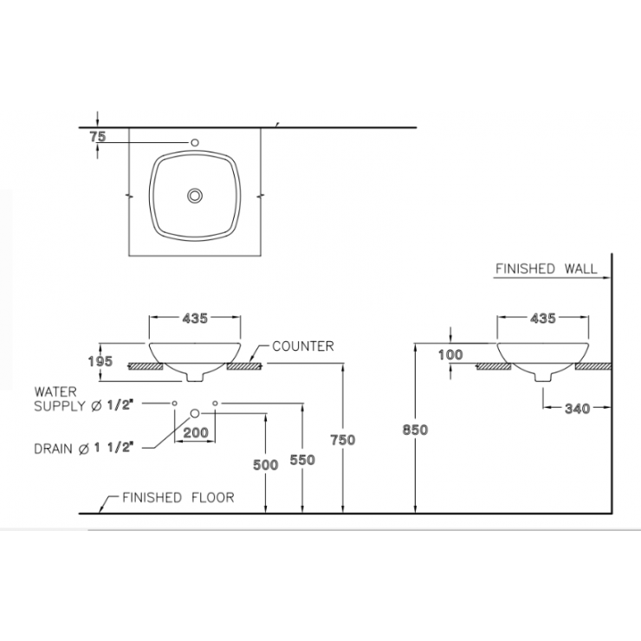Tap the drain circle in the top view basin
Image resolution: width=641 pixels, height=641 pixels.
point(195,196)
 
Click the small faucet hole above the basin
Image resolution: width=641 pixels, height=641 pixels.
point(195,142)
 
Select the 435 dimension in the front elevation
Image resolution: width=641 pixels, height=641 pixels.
point(195,319)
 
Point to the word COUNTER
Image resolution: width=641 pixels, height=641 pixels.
point(303,346)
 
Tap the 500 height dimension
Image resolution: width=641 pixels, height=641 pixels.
point(267,465)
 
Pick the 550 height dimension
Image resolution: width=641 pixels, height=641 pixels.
point(301,461)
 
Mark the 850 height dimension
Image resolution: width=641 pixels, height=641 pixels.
point(416,429)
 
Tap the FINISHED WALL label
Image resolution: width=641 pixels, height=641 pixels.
point(546,269)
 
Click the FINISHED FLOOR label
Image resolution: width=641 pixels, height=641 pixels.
point(178,498)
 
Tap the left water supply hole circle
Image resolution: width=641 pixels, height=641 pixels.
point(174,404)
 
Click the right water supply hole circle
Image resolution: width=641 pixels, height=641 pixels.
point(215,404)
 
